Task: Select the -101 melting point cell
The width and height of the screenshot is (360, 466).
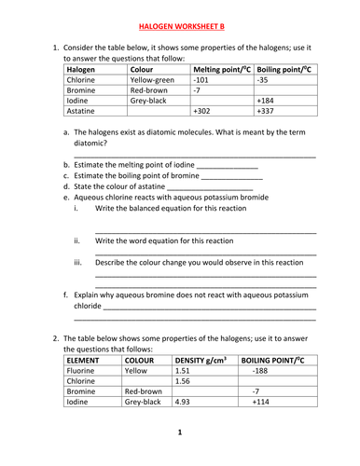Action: point(201,81)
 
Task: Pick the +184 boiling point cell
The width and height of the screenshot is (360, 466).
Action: point(268,101)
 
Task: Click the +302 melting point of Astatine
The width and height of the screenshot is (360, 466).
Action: point(203,111)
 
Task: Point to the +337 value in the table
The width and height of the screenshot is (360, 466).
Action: point(268,111)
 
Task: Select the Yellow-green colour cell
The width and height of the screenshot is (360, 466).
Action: point(154,81)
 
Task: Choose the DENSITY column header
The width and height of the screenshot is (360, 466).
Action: point(201,359)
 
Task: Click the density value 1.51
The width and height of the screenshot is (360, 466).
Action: point(183,370)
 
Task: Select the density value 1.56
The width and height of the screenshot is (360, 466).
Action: point(183,381)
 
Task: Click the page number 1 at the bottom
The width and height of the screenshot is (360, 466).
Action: point(180,432)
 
